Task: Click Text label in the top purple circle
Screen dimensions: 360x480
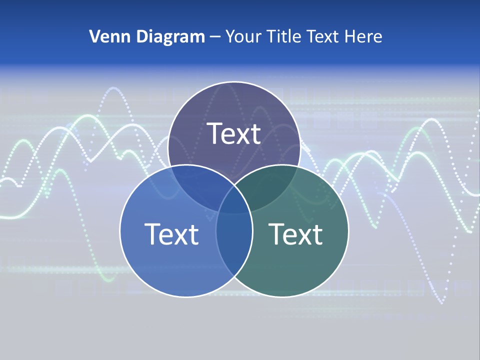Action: pos(234,133)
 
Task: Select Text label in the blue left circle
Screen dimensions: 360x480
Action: pos(171,234)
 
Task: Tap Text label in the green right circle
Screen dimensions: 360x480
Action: pos(295,234)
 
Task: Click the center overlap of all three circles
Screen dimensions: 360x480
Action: pos(234,200)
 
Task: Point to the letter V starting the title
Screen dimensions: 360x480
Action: pos(94,36)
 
